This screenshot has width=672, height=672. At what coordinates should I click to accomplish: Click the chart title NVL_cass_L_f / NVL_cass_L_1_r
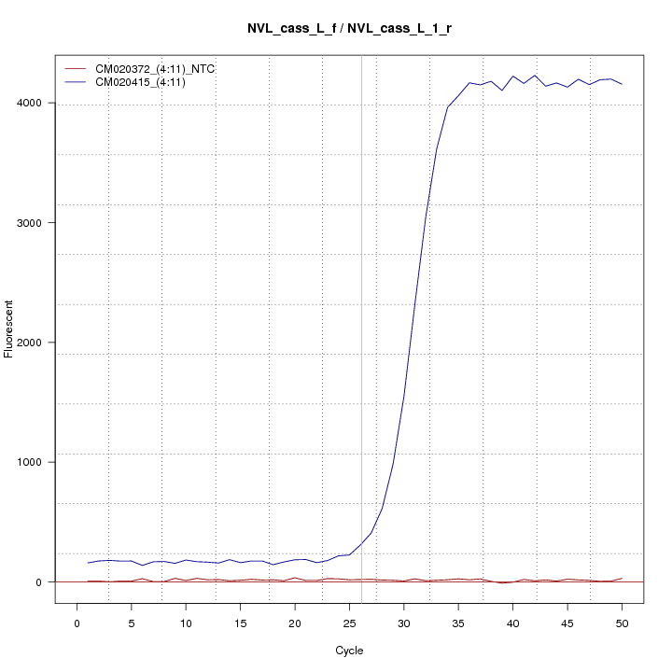point(349,29)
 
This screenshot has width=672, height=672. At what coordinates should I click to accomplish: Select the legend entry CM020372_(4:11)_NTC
point(155,69)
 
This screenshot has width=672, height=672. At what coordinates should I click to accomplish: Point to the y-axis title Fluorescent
point(9,329)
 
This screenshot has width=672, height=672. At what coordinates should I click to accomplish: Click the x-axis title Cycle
point(349,651)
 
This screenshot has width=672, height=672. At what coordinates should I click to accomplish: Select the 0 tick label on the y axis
point(37,582)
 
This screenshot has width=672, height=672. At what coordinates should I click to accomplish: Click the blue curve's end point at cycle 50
point(623,84)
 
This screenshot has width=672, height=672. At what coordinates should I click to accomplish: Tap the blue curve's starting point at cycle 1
point(88,563)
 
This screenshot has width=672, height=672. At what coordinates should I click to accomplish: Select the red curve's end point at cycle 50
point(623,579)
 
